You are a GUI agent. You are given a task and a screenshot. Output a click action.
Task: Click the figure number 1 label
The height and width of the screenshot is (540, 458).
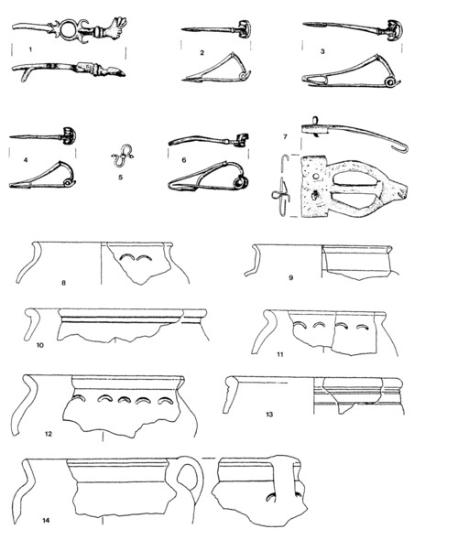click(30, 49)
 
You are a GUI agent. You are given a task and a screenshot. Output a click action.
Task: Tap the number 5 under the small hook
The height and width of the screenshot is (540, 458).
click(121, 178)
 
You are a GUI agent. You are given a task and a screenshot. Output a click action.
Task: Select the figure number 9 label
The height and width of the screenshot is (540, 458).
click(291, 277)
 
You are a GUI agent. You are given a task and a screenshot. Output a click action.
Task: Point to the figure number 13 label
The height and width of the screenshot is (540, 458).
click(269, 414)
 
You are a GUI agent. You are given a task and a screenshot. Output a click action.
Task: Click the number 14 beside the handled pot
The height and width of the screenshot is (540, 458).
click(46, 520)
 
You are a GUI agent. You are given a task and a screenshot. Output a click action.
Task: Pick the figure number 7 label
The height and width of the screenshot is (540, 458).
click(285, 136)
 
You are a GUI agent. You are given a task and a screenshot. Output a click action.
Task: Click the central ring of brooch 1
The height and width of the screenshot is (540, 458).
click(68, 30)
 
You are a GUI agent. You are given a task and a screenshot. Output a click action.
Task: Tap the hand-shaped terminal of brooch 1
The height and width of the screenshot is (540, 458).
click(114, 27)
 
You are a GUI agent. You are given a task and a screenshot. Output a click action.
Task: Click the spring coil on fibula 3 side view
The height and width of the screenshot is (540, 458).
click(391, 82)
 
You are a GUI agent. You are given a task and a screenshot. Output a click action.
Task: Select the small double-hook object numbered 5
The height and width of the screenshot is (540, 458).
click(122, 157)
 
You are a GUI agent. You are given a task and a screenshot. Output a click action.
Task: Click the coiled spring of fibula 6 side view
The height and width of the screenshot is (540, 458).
click(239, 182)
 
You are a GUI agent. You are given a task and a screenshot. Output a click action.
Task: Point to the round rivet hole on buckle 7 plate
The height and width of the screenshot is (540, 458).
click(316, 176)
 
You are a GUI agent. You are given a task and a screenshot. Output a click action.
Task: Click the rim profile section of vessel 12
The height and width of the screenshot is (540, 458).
click(27, 405)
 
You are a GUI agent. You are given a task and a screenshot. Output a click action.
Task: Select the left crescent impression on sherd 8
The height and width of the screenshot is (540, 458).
click(127, 257)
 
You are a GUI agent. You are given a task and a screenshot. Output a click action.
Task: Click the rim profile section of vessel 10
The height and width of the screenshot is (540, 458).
click(32, 324)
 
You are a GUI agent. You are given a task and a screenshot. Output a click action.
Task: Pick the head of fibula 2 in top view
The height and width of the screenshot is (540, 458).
click(245, 29)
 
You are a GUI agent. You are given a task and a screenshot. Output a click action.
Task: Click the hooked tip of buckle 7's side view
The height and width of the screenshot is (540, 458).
click(403, 149)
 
